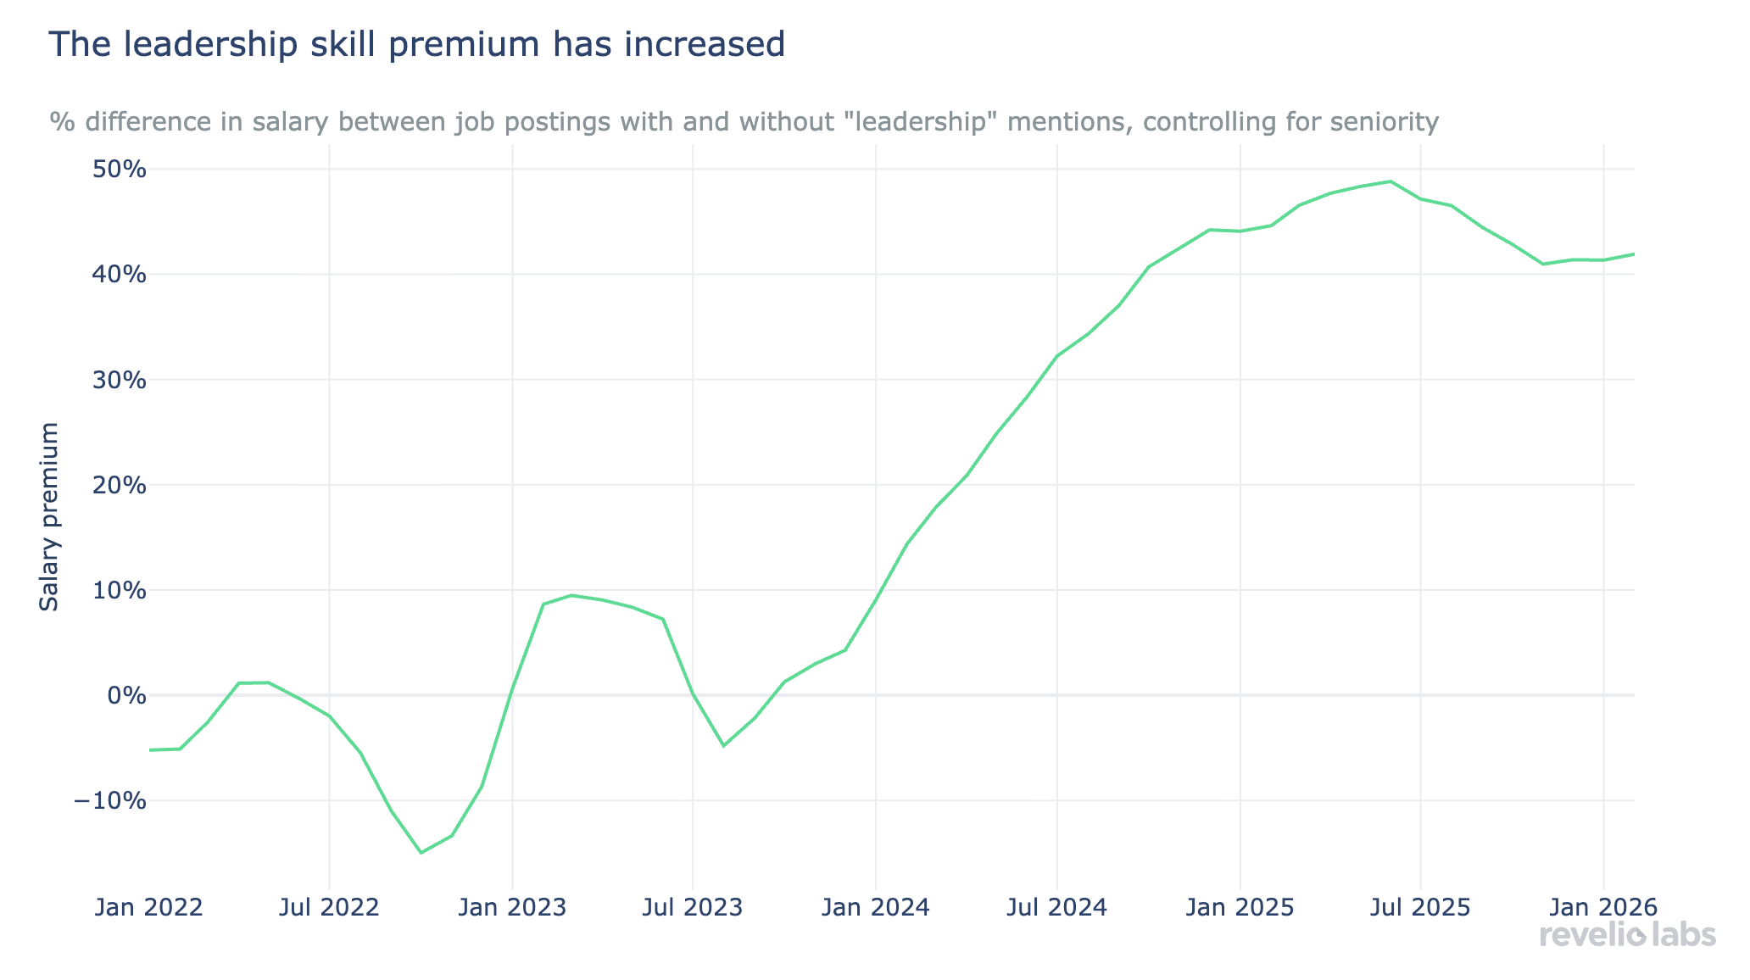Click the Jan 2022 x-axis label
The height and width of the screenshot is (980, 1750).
pos(148,908)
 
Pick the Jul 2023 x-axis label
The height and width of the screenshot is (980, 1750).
pos(693,908)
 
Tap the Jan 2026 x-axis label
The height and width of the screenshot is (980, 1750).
pos(1602,908)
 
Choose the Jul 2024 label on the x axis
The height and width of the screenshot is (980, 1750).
pos(1057,908)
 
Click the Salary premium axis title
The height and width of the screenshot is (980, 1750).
pos(50,516)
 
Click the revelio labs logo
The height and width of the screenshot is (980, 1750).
pos(1627,935)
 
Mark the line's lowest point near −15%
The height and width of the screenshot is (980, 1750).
pos(421,853)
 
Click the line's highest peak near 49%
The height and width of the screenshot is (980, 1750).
pos(1391,181)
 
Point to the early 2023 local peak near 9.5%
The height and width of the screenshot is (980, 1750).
pos(572,595)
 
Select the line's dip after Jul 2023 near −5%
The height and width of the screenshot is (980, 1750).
pos(723,746)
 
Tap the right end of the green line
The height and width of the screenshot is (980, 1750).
pos(1633,253)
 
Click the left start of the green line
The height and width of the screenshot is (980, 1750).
pos(150,750)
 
